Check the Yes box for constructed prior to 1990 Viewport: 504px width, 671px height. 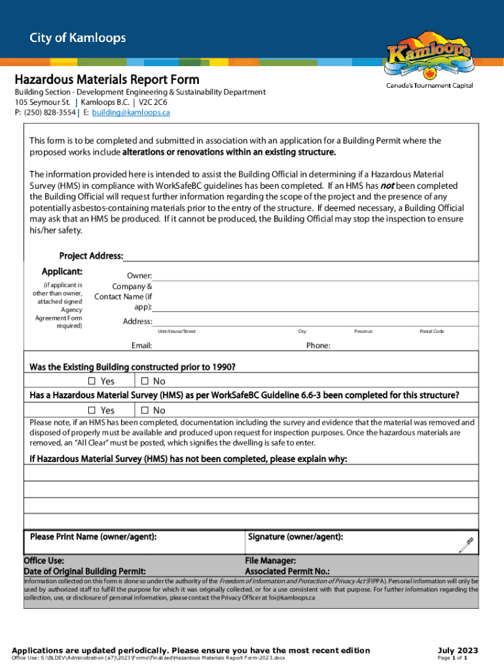[x=92, y=381]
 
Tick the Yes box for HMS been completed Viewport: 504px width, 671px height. [x=92, y=410]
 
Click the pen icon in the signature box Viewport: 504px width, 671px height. [x=465, y=543]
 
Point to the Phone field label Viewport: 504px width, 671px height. [x=318, y=345]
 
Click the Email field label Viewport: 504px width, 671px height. [x=141, y=345]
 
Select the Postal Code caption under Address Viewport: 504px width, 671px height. [x=431, y=332]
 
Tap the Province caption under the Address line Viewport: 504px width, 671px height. [x=363, y=332]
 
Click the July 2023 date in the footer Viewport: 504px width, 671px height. [x=459, y=651]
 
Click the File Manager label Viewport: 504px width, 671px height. [x=270, y=561]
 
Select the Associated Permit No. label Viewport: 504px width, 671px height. [x=287, y=571]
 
